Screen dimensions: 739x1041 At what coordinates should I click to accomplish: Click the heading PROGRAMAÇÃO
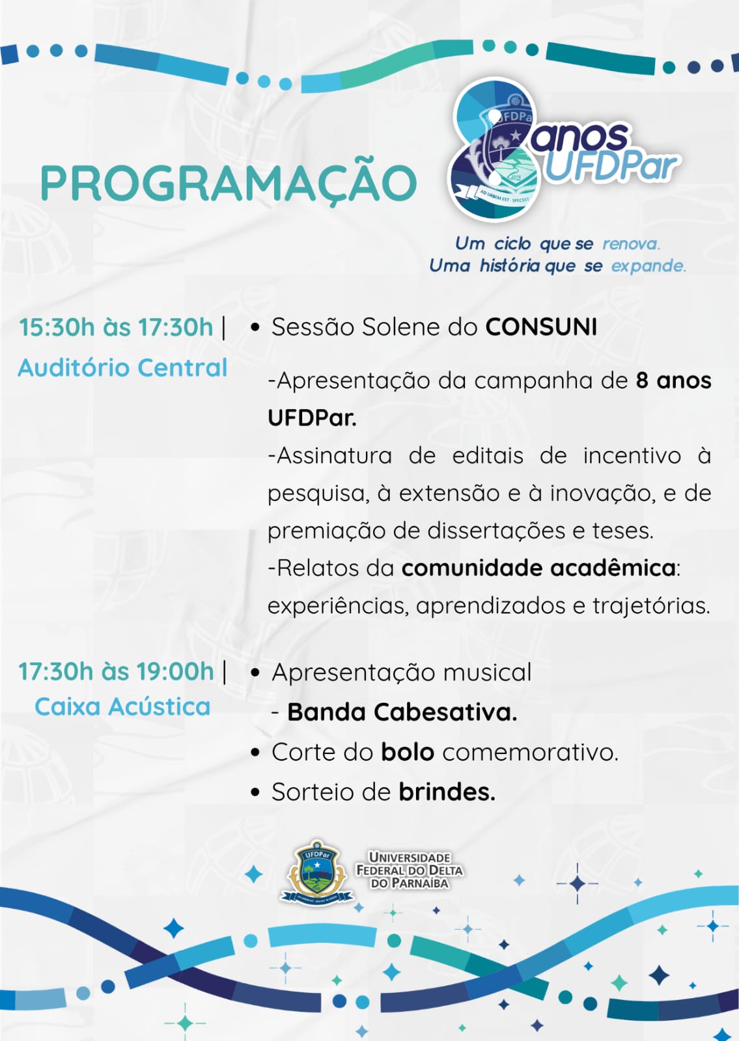(229, 183)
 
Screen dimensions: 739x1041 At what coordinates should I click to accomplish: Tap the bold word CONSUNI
(541, 327)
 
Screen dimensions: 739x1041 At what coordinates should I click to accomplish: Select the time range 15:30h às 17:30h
(116, 327)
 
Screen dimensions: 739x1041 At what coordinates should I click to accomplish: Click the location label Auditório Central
(123, 368)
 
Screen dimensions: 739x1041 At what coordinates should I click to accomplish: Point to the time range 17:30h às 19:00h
(117, 671)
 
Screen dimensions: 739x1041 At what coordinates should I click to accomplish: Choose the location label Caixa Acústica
(123, 707)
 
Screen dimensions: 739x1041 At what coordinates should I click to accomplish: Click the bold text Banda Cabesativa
(402, 712)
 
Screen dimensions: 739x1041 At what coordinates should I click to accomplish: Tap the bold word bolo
(408, 752)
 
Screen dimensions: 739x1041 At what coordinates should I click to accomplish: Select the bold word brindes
(447, 792)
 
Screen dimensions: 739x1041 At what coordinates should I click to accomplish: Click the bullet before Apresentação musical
(255, 673)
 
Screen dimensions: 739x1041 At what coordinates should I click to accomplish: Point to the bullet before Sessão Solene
(255, 328)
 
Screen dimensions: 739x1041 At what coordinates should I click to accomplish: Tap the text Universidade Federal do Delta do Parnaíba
(410, 870)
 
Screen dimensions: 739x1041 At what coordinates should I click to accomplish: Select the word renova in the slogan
(631, 243)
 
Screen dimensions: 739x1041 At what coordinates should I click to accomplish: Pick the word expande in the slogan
(648, 266)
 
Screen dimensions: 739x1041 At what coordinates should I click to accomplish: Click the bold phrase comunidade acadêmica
(538, 568)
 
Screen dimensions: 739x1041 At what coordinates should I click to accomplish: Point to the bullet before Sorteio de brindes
(255, 793)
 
